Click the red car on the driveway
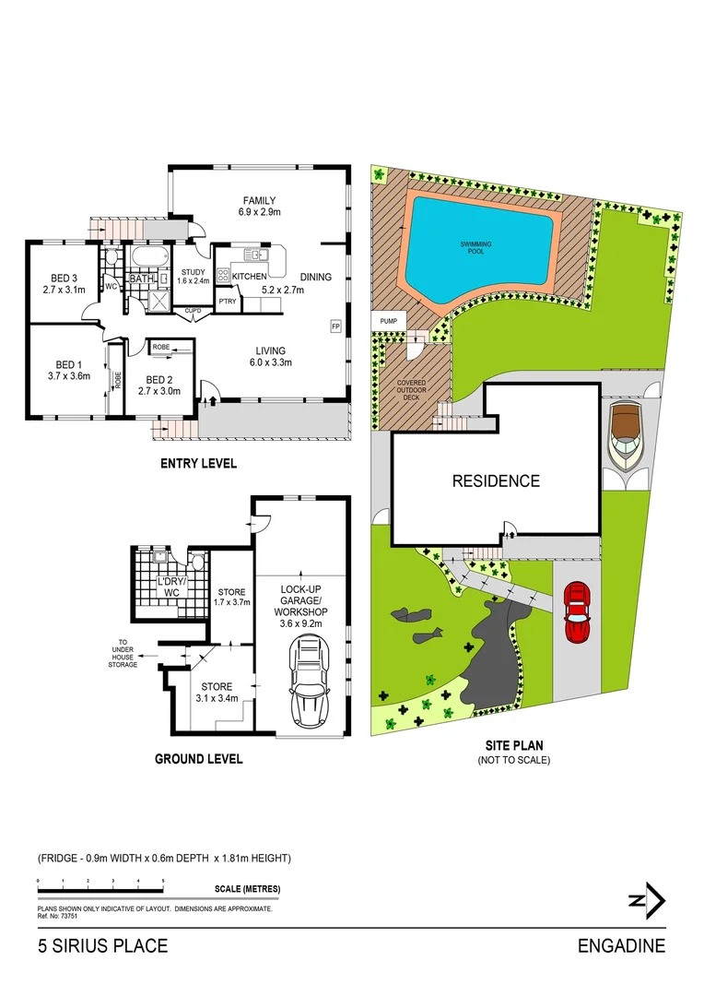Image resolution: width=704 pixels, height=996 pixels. pos(576,611)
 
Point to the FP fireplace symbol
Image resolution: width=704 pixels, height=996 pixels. pos(335,326)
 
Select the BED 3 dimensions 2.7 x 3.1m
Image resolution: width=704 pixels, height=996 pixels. pos(63,290)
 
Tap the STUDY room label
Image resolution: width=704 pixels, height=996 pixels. pos(194,271)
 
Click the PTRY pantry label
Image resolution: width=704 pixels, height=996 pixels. pos(227,301)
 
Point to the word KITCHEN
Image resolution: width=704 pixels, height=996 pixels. pos(249,277)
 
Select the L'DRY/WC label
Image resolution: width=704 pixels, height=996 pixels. pos(169,587)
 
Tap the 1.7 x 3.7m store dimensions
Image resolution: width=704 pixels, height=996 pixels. pos(232,602)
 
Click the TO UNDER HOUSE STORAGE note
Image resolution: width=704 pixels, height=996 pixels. pos(123,654)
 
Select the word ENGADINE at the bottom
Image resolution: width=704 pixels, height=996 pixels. pos(621,946)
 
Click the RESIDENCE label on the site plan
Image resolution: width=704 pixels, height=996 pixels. pos(495,480)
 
